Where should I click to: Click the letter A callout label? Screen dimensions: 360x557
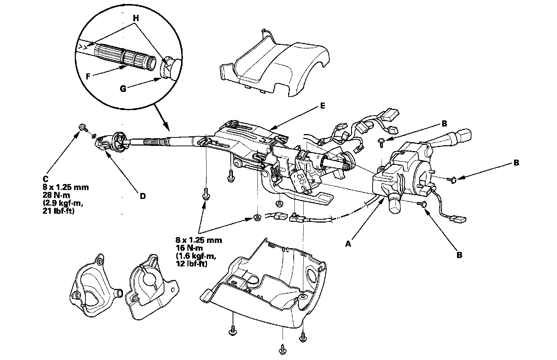(348, 244)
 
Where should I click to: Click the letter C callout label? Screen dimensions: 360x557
(46, 178)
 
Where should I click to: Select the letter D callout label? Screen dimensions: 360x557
(142, 196)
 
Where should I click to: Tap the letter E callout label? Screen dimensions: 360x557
(323, 106)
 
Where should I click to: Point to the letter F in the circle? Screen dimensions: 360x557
(88, 77)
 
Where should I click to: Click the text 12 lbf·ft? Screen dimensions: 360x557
(192, 264)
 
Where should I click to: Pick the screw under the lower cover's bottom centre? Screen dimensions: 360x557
(283, 349)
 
